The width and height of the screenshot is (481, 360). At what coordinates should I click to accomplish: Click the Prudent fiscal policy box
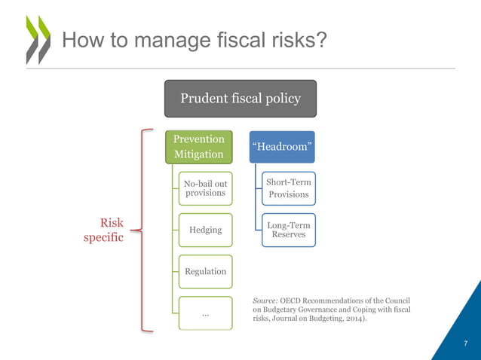240,99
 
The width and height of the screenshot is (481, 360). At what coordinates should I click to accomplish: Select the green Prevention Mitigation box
198,146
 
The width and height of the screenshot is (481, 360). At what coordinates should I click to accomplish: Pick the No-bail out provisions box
204,188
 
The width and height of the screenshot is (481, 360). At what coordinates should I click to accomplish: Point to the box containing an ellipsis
204,312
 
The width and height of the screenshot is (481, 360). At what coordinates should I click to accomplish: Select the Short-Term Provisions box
288,188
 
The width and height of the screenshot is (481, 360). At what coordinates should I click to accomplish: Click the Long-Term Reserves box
288,229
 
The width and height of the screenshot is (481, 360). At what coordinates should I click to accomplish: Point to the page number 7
465,344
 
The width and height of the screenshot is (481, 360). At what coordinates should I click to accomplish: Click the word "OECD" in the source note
295,300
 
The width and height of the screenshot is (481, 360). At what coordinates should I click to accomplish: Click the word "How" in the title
81,38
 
